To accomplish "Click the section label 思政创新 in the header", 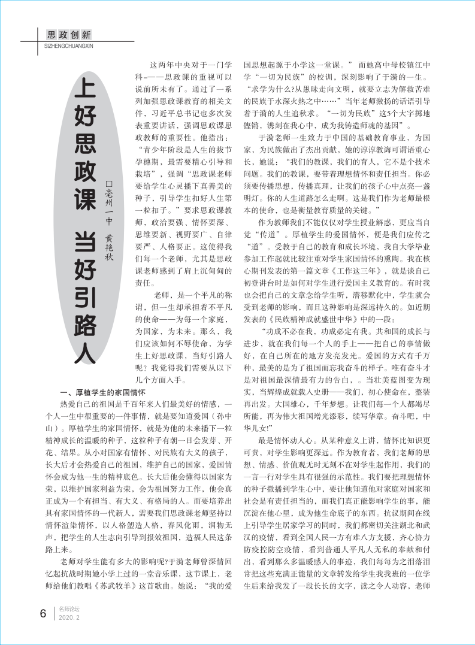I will click(69, 34).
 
